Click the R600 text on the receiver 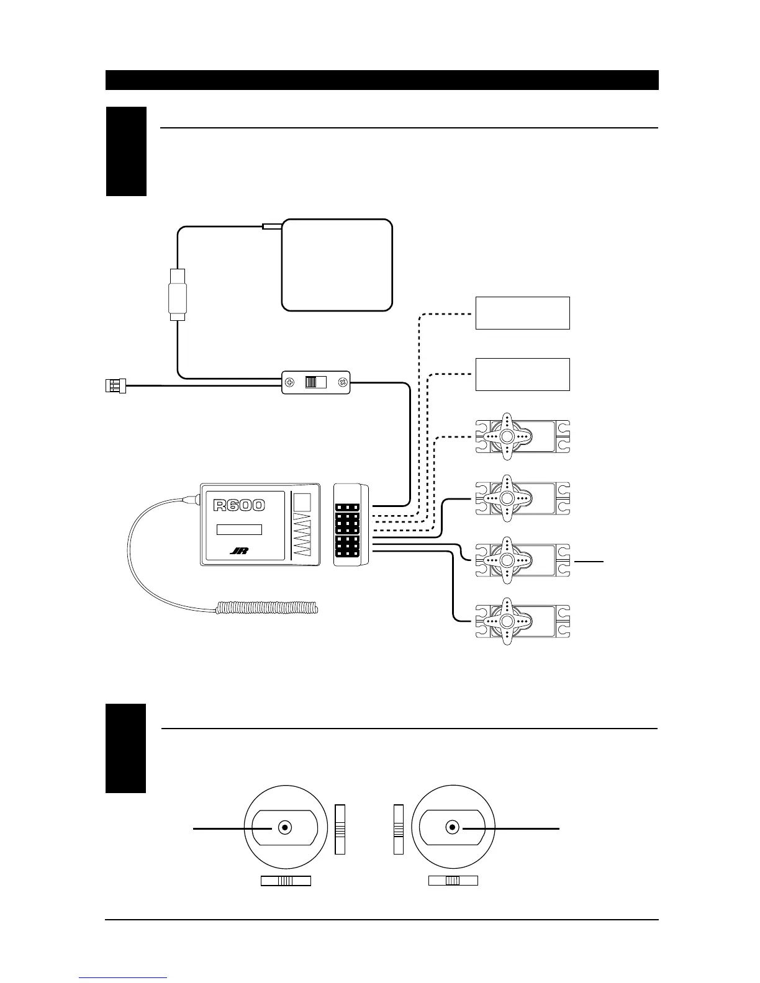click(239, 505)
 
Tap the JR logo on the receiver click(239, 550)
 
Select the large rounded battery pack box click(337, 264)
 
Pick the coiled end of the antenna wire click(267, 608)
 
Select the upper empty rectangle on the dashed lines click(522, 313)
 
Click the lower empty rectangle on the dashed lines click(522, 374)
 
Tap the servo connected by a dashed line click(522, 437)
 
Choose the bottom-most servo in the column click(522, 622)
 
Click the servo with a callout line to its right click(522, 560)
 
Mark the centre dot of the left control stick click(285, 828)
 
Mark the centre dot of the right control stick click(453, 828)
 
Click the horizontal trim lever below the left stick click(286, 881)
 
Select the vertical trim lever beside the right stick click(399, 829)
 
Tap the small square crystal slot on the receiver click(302, 502)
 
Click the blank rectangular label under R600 click(239, 529)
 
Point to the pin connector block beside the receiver click(350, 525)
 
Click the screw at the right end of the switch click(342, 382)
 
